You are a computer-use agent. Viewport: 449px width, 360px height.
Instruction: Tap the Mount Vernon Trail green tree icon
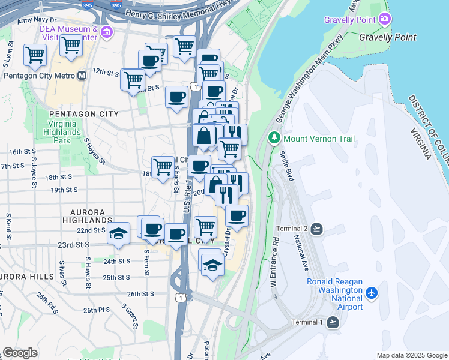(275, 139)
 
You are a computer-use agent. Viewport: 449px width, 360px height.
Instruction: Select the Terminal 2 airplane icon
(317, 229)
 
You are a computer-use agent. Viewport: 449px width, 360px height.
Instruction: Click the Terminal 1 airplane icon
(333, 322)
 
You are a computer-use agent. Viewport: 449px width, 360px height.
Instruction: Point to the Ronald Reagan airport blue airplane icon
(372, 293)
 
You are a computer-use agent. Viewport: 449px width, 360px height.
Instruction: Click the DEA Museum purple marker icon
(107, 32)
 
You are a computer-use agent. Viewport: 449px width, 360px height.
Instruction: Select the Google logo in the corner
(20, 353)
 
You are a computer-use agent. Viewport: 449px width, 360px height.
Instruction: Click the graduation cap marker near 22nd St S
(119, 233)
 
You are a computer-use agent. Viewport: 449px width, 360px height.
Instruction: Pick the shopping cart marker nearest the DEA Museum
(71, 44)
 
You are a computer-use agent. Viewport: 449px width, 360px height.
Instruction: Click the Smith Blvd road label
(286, 166)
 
